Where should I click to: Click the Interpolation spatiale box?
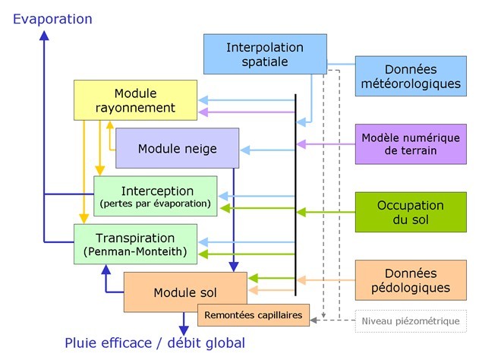tap(265, 54)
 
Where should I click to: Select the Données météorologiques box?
tap(411, 75)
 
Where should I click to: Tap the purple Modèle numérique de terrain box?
tap(411, 144)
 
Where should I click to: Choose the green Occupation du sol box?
tap(411, 212)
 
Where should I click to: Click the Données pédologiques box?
tap(411, 279)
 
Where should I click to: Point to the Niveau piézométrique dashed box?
tap(411, 321)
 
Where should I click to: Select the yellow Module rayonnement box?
tap(136, 99)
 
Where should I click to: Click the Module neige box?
tap(177, 148)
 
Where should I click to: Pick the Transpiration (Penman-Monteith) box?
tap(136, 244)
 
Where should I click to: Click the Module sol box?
tap(185, 292)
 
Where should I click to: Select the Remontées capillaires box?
tap(254, 314)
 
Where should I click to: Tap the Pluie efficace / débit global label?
tap(155, 343)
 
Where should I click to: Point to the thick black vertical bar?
tap(295, 194)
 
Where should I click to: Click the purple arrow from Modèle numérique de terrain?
tap(326, 144)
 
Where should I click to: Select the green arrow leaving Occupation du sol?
tap(326, 212)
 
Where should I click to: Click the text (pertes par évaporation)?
tap(155, 204)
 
